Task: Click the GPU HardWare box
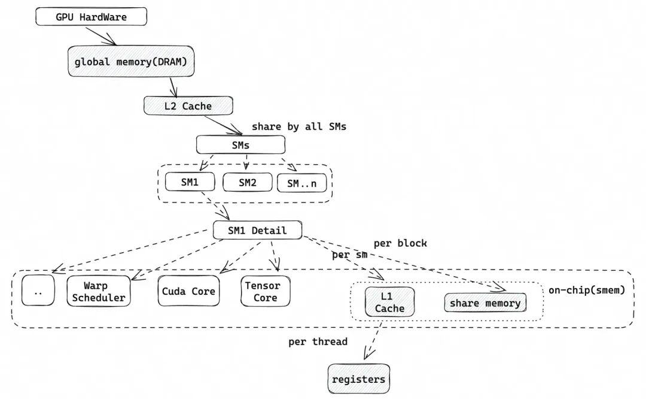91,17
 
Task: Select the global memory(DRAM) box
131,61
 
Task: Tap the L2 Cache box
188,105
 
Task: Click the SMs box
240,145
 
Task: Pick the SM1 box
190,182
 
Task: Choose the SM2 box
248,182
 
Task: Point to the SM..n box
302,183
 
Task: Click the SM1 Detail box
257,230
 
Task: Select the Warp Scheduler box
99,291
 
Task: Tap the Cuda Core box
188,291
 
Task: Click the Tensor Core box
266,291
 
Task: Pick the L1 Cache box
390,302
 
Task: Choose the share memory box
485,303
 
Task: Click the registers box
359,379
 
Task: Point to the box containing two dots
38,291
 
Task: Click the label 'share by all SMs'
299,126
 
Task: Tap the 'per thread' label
318,341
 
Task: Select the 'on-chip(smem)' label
587,290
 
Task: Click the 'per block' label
400,243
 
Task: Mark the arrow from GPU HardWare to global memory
101,37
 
